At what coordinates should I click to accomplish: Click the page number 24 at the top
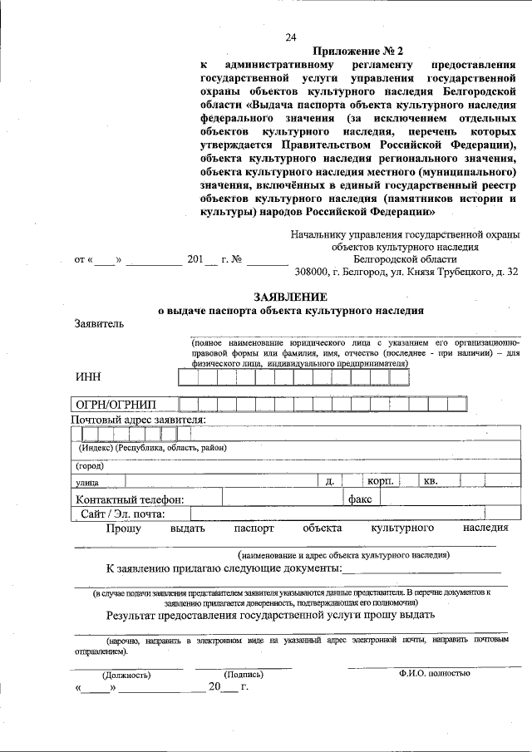pos(290,37)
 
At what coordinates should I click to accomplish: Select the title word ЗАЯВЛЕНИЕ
pos(290,297)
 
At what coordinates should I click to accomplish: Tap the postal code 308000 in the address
pos(313,272)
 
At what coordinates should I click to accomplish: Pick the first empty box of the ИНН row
pos(187,377)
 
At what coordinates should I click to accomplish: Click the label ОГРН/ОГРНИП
pos(116,405)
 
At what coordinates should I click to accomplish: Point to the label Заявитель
pos(99,323)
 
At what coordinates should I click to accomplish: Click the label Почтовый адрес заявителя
pos(139,419)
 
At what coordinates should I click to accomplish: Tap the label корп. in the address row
pos(380,481)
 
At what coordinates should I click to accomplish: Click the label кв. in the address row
pos(431,481)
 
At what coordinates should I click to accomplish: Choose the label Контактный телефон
pos(129,499)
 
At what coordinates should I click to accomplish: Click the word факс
pos(360,499)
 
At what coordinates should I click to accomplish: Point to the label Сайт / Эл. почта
pos(123,514)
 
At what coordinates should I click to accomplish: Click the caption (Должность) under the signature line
pos(126,675)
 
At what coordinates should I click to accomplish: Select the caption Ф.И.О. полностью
pos(434,673)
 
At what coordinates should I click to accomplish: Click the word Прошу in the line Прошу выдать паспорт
pos(123,528)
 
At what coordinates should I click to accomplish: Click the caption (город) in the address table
pos(91,465)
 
